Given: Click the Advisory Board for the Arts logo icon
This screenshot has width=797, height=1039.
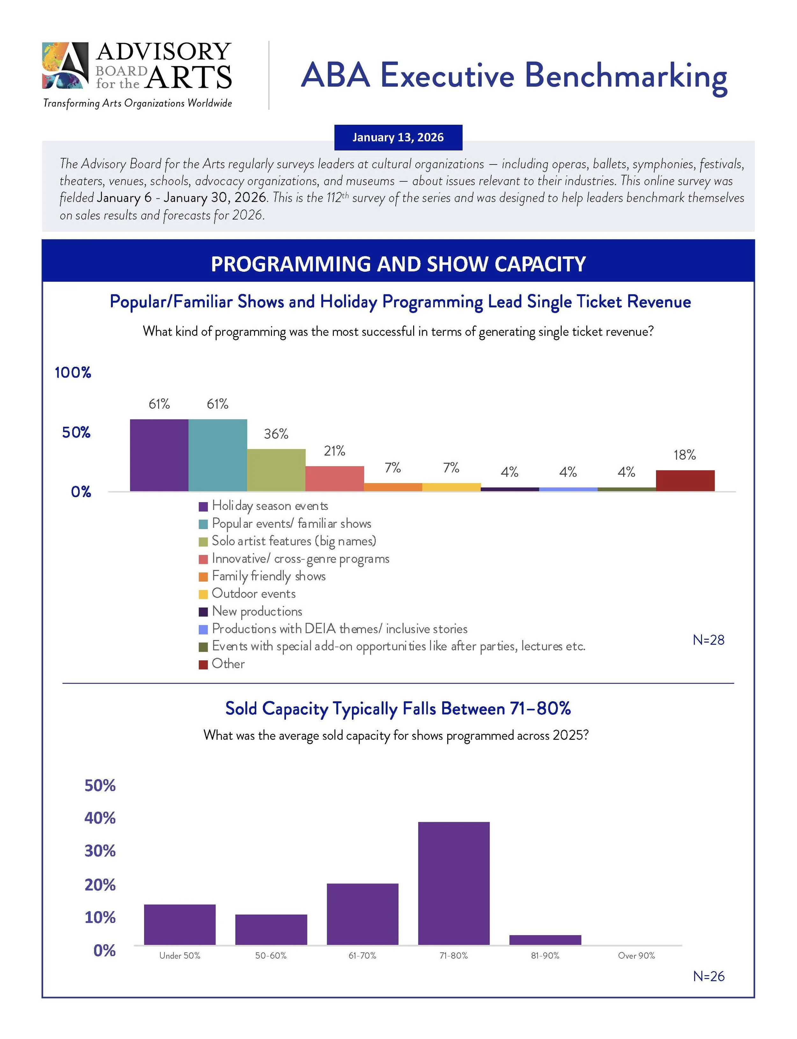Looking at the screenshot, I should click(x=65, y=65).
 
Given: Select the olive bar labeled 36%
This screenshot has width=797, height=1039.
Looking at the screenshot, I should click(x=276, y=470).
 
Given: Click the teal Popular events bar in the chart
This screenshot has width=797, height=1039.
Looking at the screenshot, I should click(x=217, y=455).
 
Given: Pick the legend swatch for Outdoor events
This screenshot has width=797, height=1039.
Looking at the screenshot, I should click(x=203, y=594).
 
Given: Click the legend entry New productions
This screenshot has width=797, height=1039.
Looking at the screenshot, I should click(x=257, y=611).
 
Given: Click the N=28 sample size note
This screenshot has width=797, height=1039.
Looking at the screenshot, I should click(x=708, y=640).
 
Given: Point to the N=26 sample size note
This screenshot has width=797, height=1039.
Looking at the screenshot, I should click(x=708, y=976).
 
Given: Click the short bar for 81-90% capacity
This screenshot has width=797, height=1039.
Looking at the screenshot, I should click(x=545, y=940).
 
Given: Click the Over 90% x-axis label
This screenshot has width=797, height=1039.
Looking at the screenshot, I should click(x=636, y=955).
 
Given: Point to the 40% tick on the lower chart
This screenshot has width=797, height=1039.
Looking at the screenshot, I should click(x=100, y=818).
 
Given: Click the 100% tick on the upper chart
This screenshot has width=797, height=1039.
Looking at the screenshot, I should click(x=73, y=372).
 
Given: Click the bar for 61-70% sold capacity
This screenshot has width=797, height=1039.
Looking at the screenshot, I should click(x=362, y=914).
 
